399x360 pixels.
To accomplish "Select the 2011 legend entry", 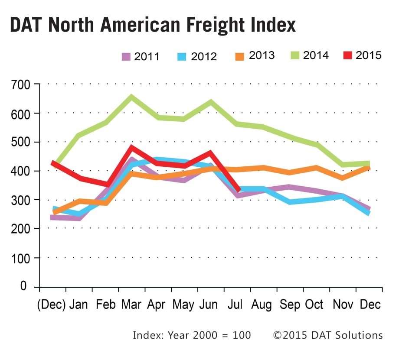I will [x=141, y=56].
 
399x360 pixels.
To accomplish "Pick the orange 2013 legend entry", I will [x=256, y=55].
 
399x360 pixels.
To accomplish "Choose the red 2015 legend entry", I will [x=362, y=55].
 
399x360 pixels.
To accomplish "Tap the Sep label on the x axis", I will [x=289, y=305].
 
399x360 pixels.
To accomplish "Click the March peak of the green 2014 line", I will [x=131, y=97].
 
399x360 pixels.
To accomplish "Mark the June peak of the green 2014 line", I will [x=211, y=103].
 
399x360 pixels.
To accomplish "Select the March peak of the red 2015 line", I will [x=131, y=148].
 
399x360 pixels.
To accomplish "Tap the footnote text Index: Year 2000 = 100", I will [x=192, y=335].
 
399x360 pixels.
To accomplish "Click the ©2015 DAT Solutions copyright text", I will [x=327, y=335].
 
